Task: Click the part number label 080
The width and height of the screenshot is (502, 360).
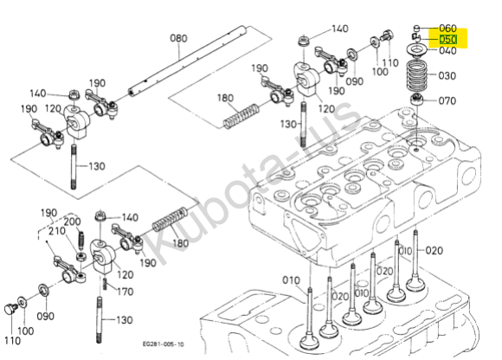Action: [178, 38]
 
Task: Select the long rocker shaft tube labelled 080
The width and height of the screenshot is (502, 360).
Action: [187, 61]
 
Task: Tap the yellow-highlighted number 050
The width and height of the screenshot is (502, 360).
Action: [447, 40]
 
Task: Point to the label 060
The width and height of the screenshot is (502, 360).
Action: [447, 29]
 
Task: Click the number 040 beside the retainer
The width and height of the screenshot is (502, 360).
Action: [447, 50]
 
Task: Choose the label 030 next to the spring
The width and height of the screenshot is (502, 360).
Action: [447, 76]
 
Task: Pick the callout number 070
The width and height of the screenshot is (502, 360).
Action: [447, 101]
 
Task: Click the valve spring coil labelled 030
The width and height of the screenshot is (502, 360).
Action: [417, 76]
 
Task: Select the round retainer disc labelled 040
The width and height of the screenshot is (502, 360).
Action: [416, 50]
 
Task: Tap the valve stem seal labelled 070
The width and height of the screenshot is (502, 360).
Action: [417, 99]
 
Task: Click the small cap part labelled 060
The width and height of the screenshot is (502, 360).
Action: [417, 28]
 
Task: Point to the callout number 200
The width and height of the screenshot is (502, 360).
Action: [72, 222]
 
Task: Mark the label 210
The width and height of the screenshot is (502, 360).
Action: [56, 231]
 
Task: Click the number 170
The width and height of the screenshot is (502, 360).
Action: [125, 292]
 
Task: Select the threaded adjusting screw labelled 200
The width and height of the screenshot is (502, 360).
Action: [81, 241]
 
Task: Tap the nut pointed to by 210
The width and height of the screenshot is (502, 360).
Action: [81, 257]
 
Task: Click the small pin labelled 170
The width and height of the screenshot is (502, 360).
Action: [105, 284]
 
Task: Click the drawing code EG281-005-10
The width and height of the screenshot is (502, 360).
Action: [164, 344]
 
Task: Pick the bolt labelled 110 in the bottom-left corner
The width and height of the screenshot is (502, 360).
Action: [10, 309]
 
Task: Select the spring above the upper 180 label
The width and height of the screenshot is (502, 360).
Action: [241, 116]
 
